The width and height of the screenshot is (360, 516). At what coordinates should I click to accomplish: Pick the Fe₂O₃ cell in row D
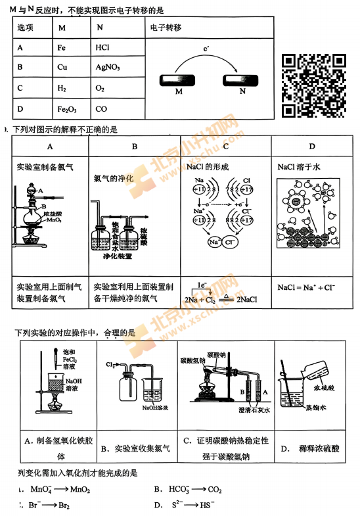click(68, 109)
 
